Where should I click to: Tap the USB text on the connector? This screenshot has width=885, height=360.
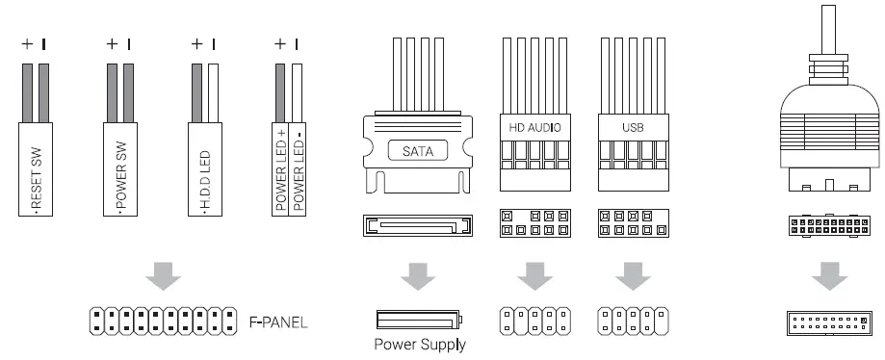[633, 127]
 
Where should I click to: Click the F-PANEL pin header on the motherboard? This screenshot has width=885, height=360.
[162, 321]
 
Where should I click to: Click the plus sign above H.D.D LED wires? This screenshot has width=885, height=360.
[196, 43]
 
